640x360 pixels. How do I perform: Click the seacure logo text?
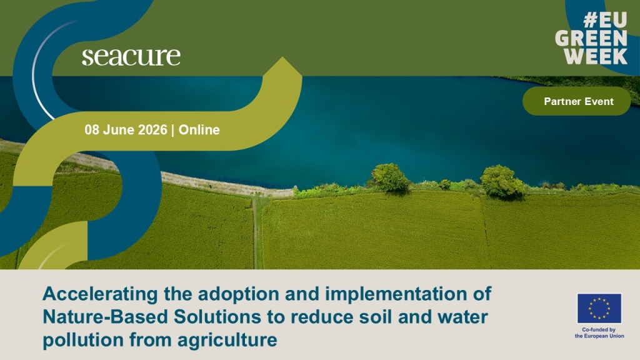(x=131, y=57)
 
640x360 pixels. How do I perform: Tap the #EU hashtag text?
(x=605, y=20)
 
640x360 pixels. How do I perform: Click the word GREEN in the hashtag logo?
(x=591, y=38)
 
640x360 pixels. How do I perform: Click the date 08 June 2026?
(x=126, y=130)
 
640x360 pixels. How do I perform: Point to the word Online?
(x=199, y=130)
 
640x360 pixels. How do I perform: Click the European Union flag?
(x=599, y=309)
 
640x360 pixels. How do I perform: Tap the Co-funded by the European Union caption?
(x=599, y=332)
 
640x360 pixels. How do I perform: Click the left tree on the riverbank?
(x=389, y=177)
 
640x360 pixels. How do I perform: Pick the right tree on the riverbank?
(x=502, y=182)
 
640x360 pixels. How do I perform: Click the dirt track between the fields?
(x=257, y=232)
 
